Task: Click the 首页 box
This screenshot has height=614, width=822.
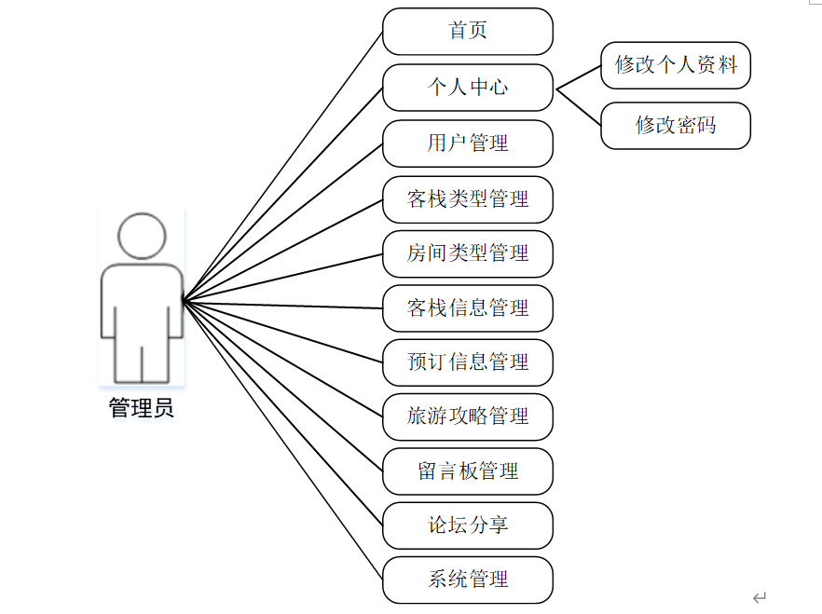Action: pyautogui.click(x=468, y=32)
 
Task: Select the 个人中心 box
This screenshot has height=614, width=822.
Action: pyautogui.click(x=468, y=88)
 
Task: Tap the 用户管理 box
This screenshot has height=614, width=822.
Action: pyautogui.click(x=468, y=143)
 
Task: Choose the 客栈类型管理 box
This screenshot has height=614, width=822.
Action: pyautogui.click(x=468, y=198)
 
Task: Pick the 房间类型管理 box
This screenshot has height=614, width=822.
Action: pyautogui.click(x=468, y=253)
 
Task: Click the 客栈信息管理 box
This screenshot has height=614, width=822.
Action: pyautogui.click(x=468, y=308)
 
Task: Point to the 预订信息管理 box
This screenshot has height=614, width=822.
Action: pyautogui.click(x=468, y=362)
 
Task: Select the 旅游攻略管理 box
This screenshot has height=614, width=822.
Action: pyautogui.click(x=468, y=416)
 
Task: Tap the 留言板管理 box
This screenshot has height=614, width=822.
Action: pyautogui.click(x=468, y=471)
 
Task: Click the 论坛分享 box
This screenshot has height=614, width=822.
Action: pyautogui.click(x=468, y=525)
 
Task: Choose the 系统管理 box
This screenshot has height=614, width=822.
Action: pyautogui.click(x=468, y=580)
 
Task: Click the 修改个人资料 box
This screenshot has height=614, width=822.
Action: pyautogui.click(x=676, y=65)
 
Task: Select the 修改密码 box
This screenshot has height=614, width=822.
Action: pyautogui.click(x=676, y=126)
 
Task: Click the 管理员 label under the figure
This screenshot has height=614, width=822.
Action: pyautogui.click(x=141, y=408)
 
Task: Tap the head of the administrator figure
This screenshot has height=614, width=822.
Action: pyautogui.click(x=142, y=237)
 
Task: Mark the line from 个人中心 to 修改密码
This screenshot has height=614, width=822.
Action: pyautogui.click(x=579, y=107)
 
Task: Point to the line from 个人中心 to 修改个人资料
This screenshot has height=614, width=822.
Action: pyautogui.click(x=579, y=78)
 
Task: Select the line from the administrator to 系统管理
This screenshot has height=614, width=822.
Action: pyautogui.click(x=282, y=440)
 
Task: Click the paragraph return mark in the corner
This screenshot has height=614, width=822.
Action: pyautogui.click(x=760, y=597)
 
